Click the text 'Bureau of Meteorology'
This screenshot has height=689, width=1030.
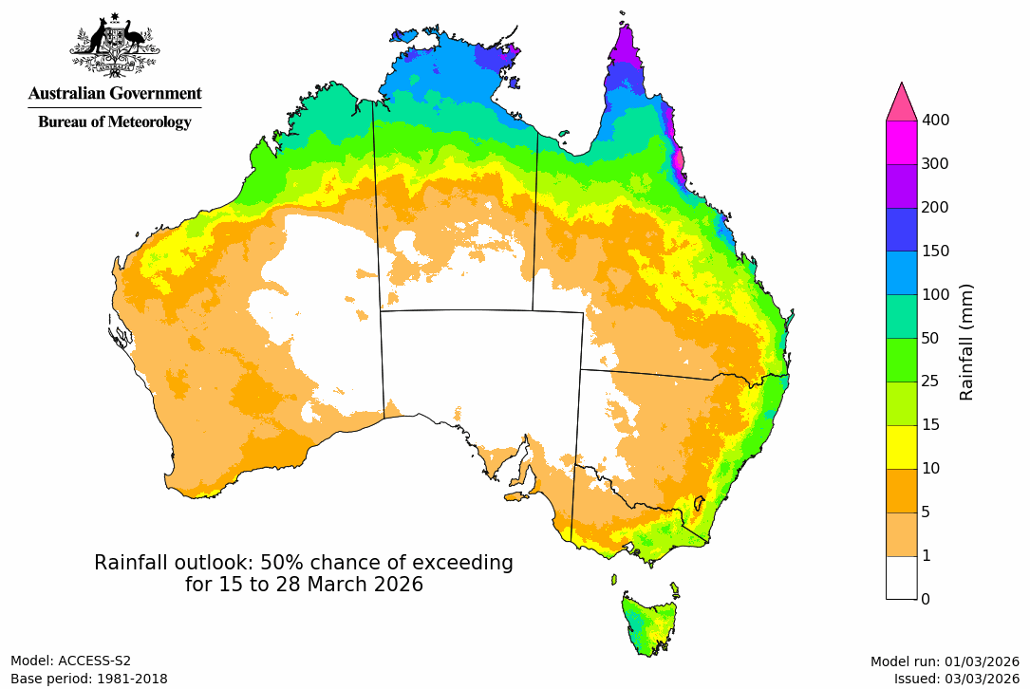114,121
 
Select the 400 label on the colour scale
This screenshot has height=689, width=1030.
936,120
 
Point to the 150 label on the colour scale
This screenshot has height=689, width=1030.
936,251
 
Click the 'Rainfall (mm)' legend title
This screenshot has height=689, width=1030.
967,342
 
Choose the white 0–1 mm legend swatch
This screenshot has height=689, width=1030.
901,576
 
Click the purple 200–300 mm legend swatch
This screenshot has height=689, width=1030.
901,185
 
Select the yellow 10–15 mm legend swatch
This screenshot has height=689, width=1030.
901,446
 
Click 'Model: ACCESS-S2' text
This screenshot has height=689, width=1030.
70,661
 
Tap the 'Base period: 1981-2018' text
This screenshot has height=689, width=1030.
89,679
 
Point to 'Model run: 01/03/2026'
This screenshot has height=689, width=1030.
945,661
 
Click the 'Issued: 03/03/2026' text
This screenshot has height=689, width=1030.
956,679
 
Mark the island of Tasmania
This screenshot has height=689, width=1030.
649,623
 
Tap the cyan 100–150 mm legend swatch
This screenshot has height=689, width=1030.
901,272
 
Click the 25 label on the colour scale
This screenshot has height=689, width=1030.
931,382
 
